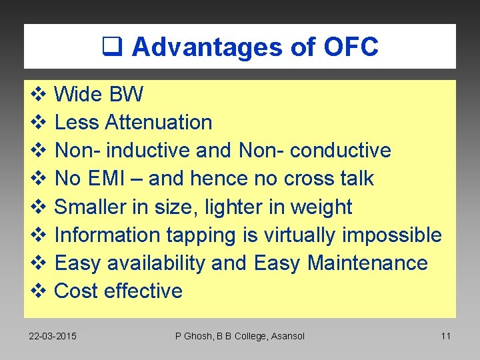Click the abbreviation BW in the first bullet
tap(127, 95)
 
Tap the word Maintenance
tap(367, 263)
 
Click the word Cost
tap(74, 291)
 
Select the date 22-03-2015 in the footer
tap(53, 336)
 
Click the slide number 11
tap(446, 336)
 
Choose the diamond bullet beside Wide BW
tap(37, 95)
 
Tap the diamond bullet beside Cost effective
tap(37, 291)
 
